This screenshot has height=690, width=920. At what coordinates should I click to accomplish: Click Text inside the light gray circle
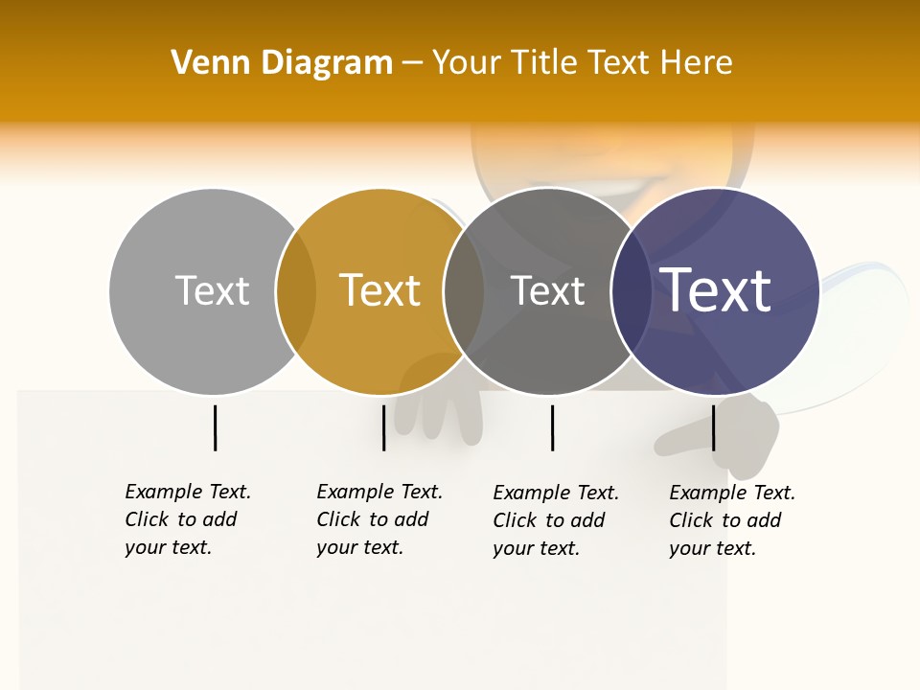212,290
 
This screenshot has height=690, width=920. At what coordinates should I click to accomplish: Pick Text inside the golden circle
380,290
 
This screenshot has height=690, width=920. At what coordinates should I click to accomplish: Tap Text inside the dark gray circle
548,290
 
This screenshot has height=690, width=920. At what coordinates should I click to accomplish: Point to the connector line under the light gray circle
216,427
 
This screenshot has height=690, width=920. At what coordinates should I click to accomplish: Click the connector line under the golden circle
383,427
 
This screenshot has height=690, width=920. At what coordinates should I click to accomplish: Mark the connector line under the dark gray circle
552,427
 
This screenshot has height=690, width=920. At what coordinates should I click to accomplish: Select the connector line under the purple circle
713,427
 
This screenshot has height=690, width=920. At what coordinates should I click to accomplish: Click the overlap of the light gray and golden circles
296,291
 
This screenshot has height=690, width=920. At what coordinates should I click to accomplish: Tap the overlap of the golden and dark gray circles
464,291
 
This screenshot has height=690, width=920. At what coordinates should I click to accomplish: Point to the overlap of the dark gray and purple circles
631,291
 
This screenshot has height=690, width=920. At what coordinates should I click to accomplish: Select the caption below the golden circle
379,519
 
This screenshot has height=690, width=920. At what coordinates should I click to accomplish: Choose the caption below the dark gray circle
555,520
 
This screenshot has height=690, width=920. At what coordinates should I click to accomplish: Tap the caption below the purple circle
731,520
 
